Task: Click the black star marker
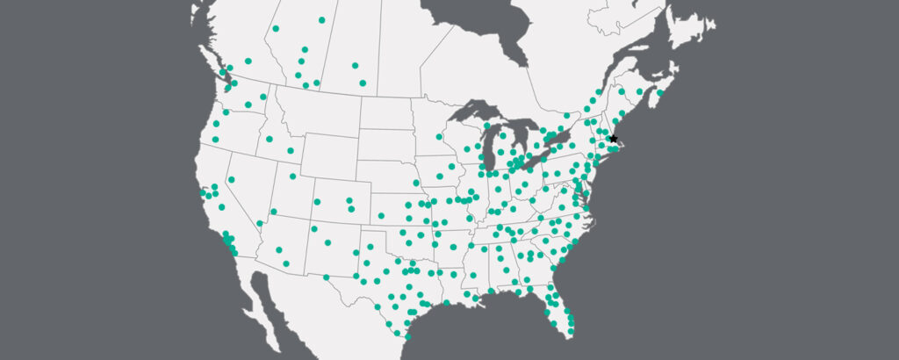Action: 613,139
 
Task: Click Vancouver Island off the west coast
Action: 214,74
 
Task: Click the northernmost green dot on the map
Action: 321,19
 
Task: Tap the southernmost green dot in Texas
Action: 407,335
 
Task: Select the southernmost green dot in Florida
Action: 572,333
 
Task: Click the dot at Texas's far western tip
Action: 327,277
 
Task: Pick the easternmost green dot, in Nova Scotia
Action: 660,91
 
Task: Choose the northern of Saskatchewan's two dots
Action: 355,65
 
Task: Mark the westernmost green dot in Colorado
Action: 317,201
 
